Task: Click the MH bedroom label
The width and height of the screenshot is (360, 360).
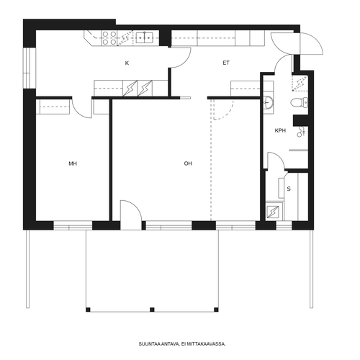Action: pos(73,163)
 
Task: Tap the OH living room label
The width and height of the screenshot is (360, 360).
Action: pos(188,163)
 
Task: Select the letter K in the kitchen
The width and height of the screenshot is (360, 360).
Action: pos(127,63)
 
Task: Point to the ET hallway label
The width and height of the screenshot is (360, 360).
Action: pos(226,63)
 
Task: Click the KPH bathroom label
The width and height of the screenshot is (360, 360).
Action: pos(280,131)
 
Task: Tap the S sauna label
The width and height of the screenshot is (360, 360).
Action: pos(289,189)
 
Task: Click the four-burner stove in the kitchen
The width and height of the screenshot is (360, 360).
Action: pos(109,38)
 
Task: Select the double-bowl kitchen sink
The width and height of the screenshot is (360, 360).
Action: pos(145,37)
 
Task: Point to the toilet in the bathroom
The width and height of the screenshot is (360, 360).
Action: pos(299,102)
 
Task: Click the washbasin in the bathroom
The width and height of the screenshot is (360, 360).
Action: pos(268,102)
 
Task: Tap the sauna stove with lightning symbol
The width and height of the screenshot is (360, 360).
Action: pos(273,212)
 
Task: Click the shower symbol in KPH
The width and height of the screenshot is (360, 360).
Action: pos(301,132)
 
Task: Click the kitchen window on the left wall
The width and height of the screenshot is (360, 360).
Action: pos(30,68)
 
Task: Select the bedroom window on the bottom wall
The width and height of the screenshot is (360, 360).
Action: pos(73,225)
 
